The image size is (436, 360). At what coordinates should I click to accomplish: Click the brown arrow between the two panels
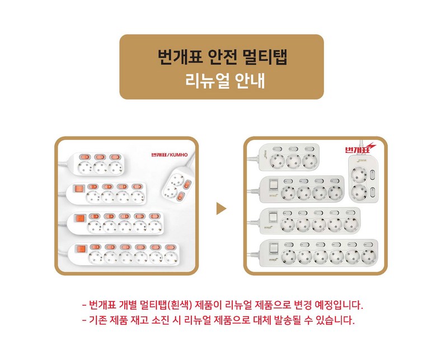click(221, 209)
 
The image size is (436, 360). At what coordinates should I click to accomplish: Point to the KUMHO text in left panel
click(179, 155)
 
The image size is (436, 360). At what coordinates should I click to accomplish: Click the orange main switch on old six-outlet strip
click(81, 249)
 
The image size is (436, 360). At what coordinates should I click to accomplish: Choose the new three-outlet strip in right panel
click(289, 157)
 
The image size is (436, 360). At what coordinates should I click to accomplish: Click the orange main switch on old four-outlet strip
click(79, 189)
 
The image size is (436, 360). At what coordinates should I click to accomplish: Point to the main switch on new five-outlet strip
click(274, 217)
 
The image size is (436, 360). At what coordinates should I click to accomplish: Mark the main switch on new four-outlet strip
click(274, 184)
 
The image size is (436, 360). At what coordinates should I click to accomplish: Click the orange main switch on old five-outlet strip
click(81, 218)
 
